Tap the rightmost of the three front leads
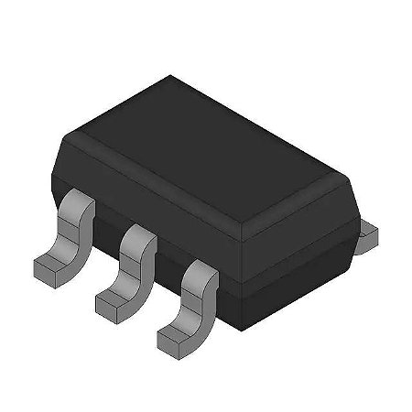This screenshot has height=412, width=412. [x=190, y=307]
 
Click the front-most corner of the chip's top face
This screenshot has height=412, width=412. [x=251, y=221]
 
